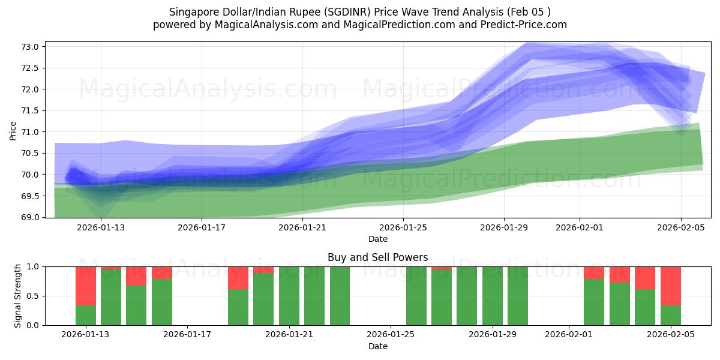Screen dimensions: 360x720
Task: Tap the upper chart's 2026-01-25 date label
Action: pyautogui.click(x=403, y=227)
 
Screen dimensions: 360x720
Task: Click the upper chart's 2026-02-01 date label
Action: pyautogui.click(x=579, y=227)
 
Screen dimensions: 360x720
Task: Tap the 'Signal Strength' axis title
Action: pyautogui.click(x=18, y=296)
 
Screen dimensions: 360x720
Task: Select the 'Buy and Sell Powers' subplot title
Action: pyautogui.click(x=378, y=257)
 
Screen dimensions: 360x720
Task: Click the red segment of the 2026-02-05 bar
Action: pyautogui.click(x=671, y=286)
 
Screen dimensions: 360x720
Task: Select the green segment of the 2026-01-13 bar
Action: pyautogui.click(x=86, y=316)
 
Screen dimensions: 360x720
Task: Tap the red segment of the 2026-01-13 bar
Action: pyautogui.click(x=86, y=286)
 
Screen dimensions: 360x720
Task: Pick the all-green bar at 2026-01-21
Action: pyautogui.click(x=289, y=296)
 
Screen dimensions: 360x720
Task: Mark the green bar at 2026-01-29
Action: pyautogui.click(x=492, y=296)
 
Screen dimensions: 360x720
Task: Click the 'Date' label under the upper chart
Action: pyautogui.click(x=378, y=239)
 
